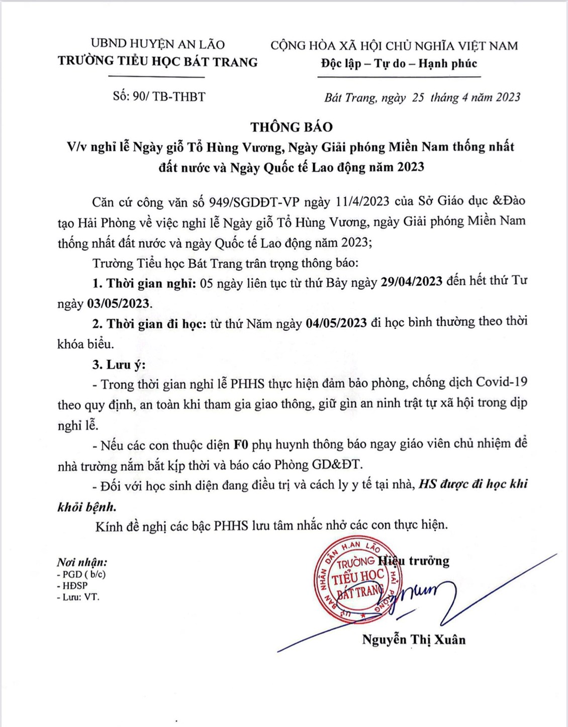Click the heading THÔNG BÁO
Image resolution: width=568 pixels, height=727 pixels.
[292, 127]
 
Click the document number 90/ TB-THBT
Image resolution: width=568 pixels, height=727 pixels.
[169, 96]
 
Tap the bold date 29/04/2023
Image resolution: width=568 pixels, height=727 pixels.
[411, 281]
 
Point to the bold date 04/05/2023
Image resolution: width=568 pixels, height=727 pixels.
[336, 323]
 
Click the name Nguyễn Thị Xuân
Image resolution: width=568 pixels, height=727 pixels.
[414, 640]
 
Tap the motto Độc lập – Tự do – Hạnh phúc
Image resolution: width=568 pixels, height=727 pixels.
[399, 64]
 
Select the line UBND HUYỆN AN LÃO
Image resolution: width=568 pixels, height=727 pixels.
[158, 44]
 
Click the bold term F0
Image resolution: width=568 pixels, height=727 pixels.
[241, 445]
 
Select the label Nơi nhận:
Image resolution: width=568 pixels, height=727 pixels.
[82, 562]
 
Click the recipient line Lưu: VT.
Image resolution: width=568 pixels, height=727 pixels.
[80, 597]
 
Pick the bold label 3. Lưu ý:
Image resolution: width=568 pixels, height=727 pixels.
[119, 364]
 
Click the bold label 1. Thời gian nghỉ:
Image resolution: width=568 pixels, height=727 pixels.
[144, 283]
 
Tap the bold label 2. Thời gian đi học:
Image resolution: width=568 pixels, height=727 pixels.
[149, 324]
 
